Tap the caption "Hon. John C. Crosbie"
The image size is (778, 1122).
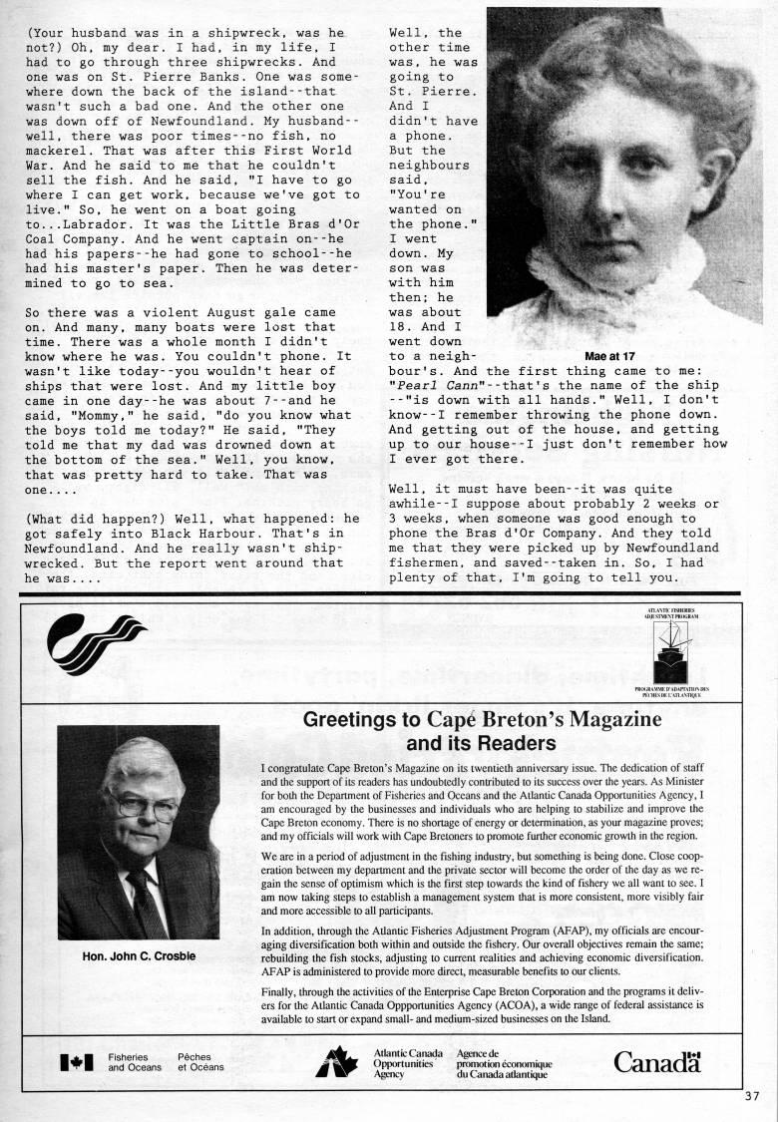(x=139, y=956)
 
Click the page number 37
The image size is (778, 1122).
(x=752, y=1095)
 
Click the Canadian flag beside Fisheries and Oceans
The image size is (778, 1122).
(x=77, y=1063)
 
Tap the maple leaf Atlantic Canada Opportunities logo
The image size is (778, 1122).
(x=337, y=1062)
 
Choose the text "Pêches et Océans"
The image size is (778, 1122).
(x=200, y=1062)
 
